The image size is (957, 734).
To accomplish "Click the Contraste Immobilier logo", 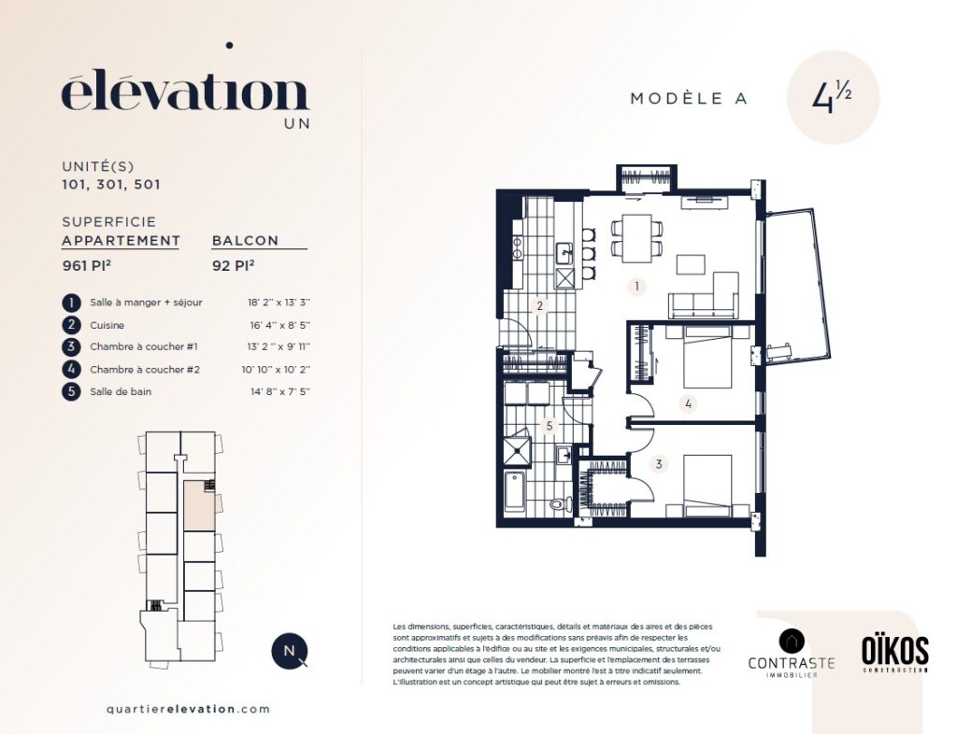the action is (791, 654).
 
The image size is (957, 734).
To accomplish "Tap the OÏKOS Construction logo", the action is (894, 654).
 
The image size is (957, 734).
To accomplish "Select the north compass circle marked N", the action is (290, 651).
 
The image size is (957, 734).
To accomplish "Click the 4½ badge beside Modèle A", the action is (833, 97).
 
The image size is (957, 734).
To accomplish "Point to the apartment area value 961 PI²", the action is (87, 266).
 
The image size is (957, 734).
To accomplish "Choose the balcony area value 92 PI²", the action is (233, 266).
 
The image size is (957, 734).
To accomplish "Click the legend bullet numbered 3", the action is (71, 346).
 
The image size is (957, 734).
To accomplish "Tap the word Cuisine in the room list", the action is (107, 325).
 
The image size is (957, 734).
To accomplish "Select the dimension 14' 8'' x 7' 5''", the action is (280, 391).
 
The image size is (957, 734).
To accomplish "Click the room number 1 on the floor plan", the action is (637, 287).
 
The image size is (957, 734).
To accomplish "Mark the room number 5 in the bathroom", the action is (550, 426).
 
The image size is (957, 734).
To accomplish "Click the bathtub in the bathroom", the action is (515, 492).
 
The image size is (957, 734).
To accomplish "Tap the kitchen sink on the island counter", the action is (564, 252).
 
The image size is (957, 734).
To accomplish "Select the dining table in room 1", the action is (637, 238).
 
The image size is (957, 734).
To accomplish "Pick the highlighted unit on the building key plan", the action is (200, 505).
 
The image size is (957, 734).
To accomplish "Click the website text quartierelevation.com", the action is (188, 709).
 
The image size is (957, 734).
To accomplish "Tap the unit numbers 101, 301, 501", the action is (111, 184).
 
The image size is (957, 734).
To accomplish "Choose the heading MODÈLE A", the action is (689, 98).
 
